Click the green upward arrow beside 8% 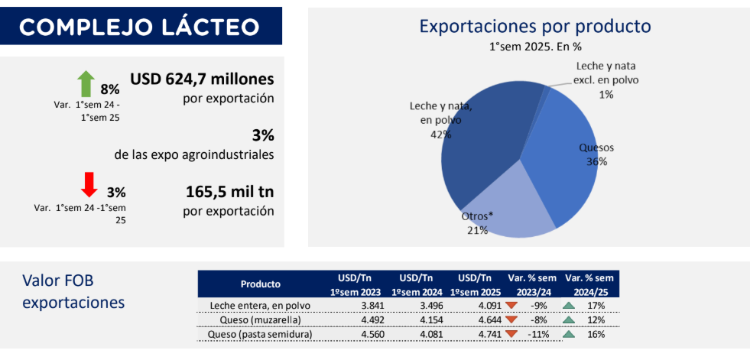tap(86, 83)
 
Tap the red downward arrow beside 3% tap(89, 184)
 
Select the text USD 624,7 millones tap(202, 79)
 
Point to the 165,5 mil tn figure tap(229, 192)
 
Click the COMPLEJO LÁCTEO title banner tap(141, 26)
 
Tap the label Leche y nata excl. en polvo tap(606, 73)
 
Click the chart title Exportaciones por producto tap(535, 26)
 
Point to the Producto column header tap(260, 284)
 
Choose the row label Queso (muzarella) tap(260, 319)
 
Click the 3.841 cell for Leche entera tap(370, 306)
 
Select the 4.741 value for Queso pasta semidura tap(489, 334)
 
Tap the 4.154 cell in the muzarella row tap(431, 319)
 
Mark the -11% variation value tap(538, 334)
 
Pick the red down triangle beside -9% tap(511, 306)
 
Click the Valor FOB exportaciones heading tap(73, 292)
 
